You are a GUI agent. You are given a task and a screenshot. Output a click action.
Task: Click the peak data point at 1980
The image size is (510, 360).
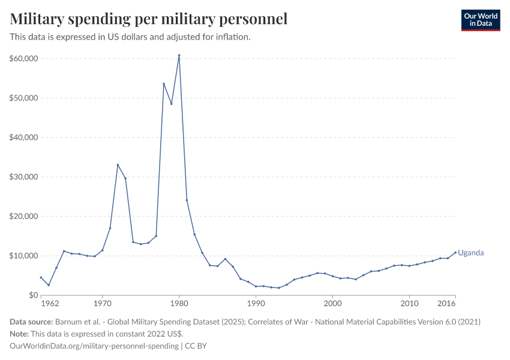pos(179,56)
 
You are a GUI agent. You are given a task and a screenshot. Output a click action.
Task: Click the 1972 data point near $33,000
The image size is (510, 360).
pos(118,165)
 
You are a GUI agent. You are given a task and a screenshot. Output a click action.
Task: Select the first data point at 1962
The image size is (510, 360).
pos(41,277)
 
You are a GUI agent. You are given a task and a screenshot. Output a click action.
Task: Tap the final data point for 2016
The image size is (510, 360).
pos(455,252)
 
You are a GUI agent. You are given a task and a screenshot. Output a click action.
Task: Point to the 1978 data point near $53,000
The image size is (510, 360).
pos(164,84)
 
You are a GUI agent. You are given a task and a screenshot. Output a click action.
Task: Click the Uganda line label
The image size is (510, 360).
pos(471,253)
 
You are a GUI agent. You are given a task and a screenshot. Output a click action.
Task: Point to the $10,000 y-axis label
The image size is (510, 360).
pos(24,256)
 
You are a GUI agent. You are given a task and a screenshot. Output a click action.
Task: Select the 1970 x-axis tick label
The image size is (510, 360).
pos(102,304)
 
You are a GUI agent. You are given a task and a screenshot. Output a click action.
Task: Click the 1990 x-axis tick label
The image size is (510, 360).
pos(256,304)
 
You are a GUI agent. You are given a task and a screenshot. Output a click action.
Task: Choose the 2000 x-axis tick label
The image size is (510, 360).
pos(332,304)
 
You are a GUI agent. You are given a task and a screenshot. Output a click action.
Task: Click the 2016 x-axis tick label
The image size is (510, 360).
pos(447,304)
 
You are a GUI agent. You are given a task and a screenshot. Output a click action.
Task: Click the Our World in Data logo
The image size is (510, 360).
pos(481,20)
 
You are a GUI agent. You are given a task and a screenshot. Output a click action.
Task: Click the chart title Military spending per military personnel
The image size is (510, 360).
pos(149,19)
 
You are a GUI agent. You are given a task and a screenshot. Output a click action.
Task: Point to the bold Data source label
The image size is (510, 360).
pos(31,322)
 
